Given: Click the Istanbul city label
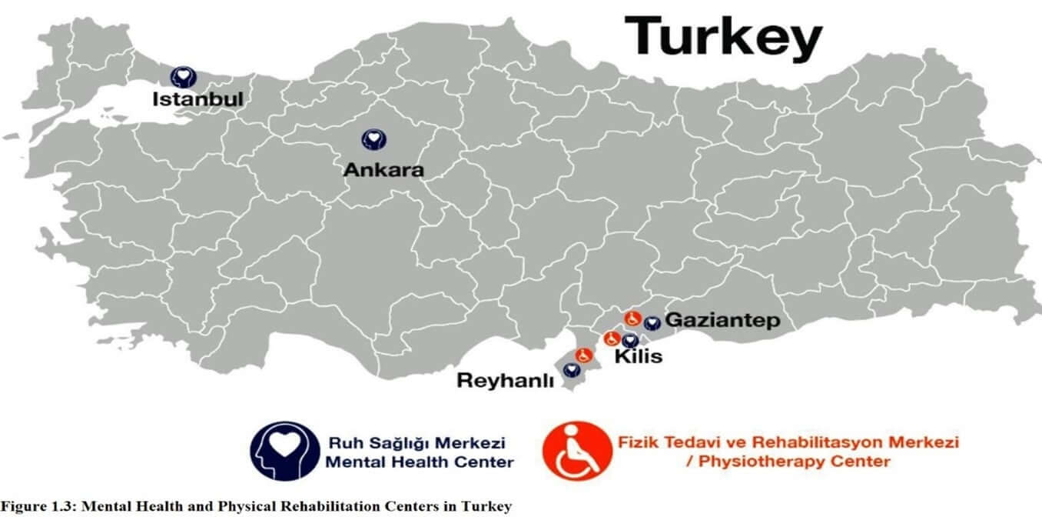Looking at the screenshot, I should coord(197,99).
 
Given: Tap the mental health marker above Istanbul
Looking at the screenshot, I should coord(183,76).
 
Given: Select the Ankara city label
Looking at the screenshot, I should coord(383,170).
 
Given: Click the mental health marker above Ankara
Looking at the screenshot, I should coord(373,139).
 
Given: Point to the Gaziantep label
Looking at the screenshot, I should coord(722,320).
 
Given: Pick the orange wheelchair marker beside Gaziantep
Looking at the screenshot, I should coord(633,318).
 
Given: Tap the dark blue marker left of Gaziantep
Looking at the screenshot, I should coord(652,324).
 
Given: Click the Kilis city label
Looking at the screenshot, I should coord(638,357).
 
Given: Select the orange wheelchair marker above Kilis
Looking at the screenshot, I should coord(612,338).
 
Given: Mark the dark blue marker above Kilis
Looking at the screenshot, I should coord(630,341).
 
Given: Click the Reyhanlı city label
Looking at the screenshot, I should coord(505,380).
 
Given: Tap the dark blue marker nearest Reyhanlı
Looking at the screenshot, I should coord(571,370).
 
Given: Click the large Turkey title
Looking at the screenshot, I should coord(723,37).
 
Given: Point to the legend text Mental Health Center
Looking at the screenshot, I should coord(420,462).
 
